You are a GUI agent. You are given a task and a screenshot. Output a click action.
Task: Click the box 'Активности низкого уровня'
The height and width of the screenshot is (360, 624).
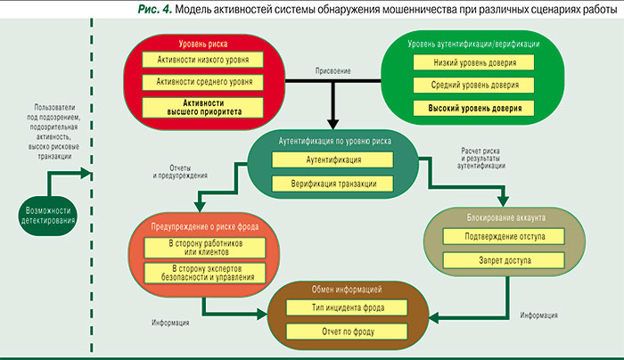(x=202, y=61)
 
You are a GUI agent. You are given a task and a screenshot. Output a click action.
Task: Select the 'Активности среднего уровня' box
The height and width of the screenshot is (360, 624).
(x=202, y=83)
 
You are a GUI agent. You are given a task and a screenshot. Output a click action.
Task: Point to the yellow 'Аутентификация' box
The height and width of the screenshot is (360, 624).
(x=333, y=160)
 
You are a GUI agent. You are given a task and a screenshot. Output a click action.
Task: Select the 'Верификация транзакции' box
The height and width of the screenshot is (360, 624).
(x=333, y=184)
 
